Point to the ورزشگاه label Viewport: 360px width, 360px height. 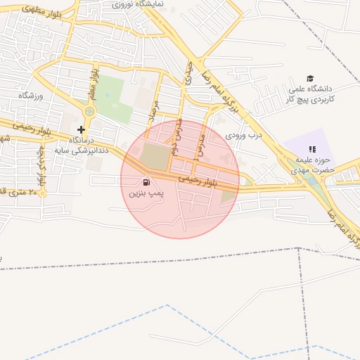pos(31,95)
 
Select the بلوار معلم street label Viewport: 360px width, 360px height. pos(91,82)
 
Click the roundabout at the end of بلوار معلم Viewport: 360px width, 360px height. pos(89,111)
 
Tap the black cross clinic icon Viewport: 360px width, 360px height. pos(82,129)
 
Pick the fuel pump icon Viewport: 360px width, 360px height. pos(146,181)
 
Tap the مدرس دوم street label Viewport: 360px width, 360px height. pos(177,130)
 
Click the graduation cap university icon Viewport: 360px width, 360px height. pos(310,78)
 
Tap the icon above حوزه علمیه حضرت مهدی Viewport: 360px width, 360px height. pos(312,149)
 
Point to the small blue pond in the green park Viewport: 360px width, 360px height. pos(108,95)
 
